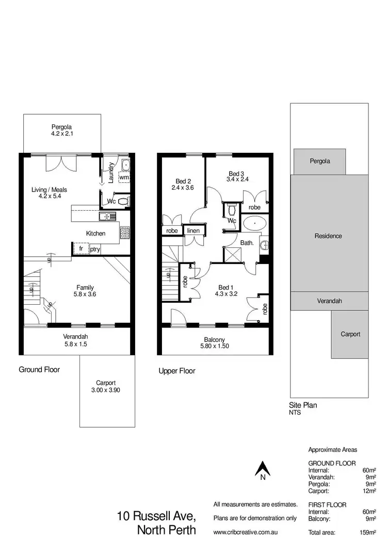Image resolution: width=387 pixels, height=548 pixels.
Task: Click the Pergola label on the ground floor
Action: click(x=61, y=127)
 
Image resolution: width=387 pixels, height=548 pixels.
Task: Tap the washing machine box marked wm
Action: click(x=124, y=177)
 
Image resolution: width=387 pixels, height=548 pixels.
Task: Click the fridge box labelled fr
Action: click(x=80, y=248)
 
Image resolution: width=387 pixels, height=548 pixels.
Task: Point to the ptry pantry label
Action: click(x=95, y=249)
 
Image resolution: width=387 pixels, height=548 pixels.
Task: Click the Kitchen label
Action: click(x=95, y=233)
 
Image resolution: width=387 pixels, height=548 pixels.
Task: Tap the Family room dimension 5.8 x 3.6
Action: click(x=85, y=294)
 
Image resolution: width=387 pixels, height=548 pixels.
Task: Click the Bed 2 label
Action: click(x=183, y=181)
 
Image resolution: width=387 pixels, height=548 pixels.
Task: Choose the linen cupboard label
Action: click(x=193, y=230)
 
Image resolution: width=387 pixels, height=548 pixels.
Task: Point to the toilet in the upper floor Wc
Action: click(x=231, y=209)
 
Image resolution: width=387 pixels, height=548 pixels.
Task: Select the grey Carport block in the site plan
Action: click(x=350, y=334)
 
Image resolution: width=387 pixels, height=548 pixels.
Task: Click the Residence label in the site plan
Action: click(x=328, y=236)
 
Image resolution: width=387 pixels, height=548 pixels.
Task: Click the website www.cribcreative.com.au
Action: click(x=246, y=532)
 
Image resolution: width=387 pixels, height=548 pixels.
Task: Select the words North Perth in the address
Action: click(x=166, y=530)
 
